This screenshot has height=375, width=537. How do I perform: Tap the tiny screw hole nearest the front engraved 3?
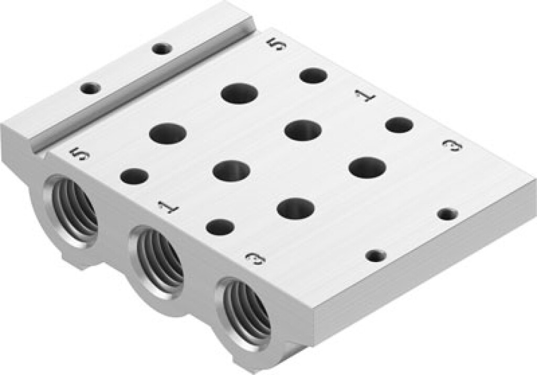click(375, 256)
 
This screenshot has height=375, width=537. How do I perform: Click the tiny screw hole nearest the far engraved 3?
click(446, 214)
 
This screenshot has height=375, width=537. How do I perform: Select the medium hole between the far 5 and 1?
click(314, 76)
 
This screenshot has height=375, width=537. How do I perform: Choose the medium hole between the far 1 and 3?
click(399, 125)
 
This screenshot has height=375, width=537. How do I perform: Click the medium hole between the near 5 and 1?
click(134, 176)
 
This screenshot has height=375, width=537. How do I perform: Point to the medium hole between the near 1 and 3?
click(220, 227)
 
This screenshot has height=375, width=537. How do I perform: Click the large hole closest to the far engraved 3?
click(367, 167)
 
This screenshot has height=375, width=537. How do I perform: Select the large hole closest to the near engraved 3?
click(296, 208)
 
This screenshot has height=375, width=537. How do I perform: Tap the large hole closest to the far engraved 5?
click(240, 93)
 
